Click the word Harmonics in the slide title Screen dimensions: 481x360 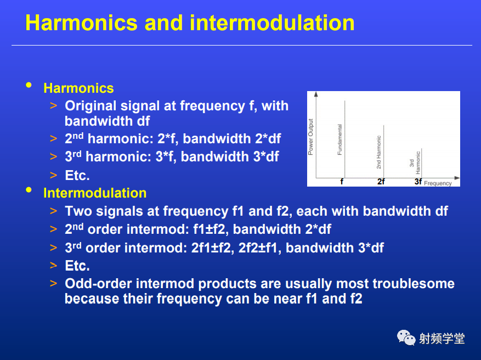click(81, 22)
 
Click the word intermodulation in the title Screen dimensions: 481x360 click(272, 22)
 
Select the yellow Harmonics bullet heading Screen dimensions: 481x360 click(78, 88)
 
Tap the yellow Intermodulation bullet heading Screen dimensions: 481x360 click(95, 193)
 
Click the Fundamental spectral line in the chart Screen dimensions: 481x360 click(345, 139)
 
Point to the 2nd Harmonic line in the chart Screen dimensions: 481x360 click(384, 151)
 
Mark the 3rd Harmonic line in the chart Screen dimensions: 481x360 click(421, 164)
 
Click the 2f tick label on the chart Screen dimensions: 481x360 click(381, 182)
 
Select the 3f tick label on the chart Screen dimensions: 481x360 click(418, 182)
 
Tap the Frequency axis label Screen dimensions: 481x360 click(438, 183)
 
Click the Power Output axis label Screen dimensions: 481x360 click(310, 137)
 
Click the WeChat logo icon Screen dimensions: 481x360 click(406, 337)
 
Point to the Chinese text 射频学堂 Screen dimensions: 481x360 click(442, 339)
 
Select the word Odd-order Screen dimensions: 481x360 click(99, 284)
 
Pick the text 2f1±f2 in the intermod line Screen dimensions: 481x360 click(211, 248)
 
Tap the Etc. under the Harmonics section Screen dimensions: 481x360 click(77, 176)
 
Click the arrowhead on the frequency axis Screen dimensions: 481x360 click(457, 178)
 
